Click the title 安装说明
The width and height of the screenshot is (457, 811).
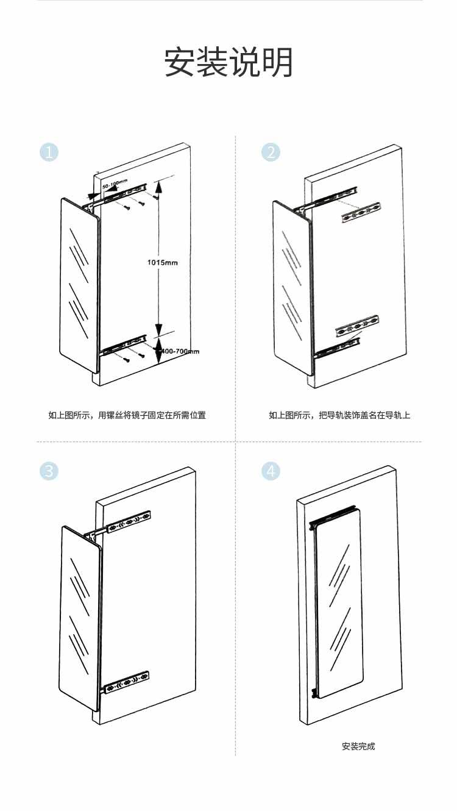coord(228,62)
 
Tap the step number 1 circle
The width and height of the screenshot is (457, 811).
coord(49,152)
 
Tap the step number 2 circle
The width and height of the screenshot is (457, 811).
coord(271,152)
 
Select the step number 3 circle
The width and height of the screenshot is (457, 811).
coord(49,471)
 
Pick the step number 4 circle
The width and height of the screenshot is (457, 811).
coord(271,471)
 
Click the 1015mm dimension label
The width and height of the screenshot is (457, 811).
coord(162,263)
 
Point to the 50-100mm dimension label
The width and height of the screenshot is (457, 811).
coord(115,183)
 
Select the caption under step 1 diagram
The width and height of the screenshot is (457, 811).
coord(127,415)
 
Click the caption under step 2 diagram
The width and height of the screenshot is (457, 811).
coord(339,415)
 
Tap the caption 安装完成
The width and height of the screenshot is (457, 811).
coord(358,746)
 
